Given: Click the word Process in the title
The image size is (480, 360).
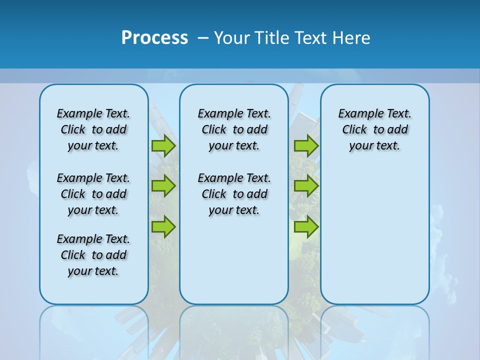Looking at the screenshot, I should coord(154,37).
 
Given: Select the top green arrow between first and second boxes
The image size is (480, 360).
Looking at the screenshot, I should coord(163,145).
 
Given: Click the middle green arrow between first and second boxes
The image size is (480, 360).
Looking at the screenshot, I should coord(163,186).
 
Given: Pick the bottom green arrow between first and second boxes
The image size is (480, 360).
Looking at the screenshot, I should coord(163,226).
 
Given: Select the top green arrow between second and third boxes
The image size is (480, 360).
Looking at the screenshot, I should coord(306,145).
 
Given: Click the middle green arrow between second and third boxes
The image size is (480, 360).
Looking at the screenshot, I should coord(306,186).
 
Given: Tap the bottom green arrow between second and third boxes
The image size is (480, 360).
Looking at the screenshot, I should coord(306,226).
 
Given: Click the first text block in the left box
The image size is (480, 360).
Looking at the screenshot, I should coord(93,129).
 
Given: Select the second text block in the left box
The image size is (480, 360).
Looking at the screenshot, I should coord(93,194).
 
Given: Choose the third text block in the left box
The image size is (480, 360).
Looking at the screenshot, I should coord(93,255).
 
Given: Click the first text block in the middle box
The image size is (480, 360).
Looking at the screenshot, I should coord(234,129).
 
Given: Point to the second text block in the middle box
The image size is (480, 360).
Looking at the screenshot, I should coord(234,194).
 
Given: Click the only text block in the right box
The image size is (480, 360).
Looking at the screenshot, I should coord(374,129).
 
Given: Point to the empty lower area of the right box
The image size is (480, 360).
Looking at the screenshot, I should coord(374,235).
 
